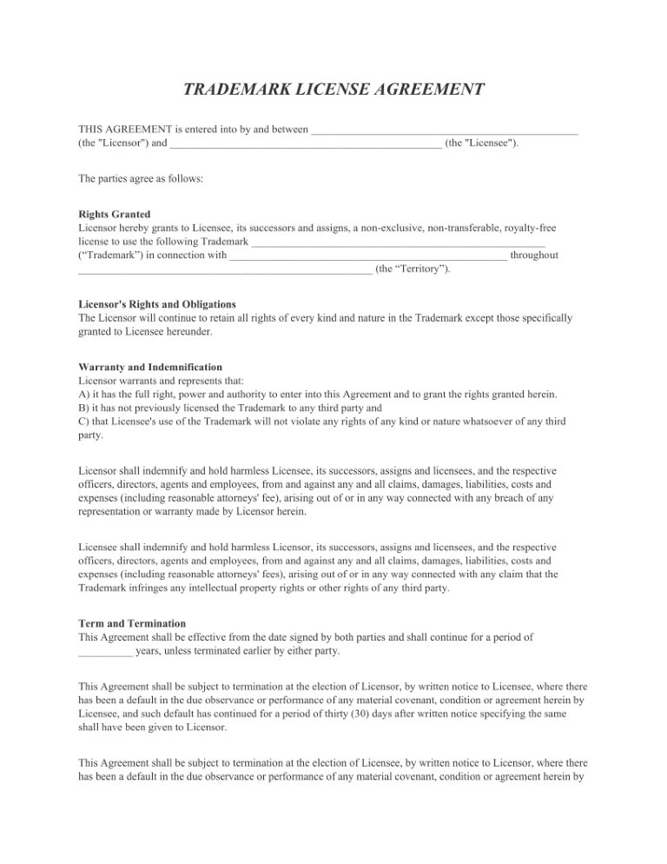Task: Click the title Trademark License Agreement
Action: [333, 90]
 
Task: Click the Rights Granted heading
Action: [114, 214]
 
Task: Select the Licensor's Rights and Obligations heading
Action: [156, 304]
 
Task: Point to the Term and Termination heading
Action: [131, 623]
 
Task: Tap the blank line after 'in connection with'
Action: [367, 256]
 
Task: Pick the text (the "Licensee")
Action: [481, 143]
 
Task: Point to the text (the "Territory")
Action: [413, 269]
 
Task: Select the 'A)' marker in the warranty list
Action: [84, 395]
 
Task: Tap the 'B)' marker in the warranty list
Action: [83, 408]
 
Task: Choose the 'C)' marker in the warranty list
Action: [83, 422]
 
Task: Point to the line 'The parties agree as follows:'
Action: [141, 179]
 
